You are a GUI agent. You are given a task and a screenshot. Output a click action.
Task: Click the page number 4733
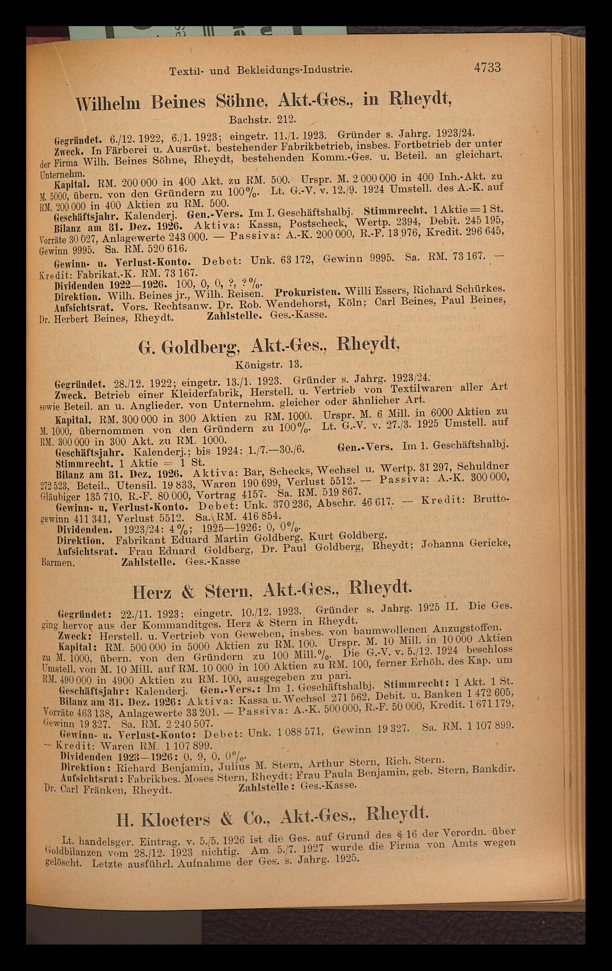point(487,67)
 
